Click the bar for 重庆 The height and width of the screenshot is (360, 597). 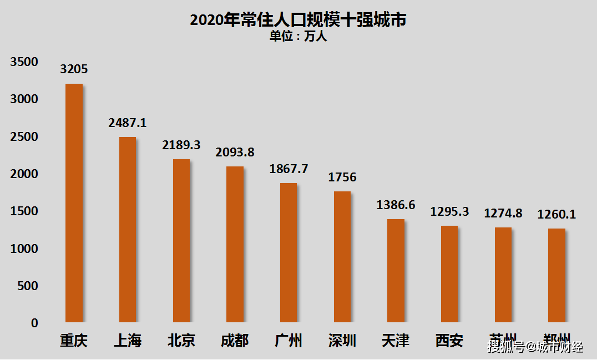coord(74,203)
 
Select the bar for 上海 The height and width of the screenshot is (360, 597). coord(128,230)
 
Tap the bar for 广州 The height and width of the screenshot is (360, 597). coord(289,253)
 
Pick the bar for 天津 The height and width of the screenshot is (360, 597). coord(396,271)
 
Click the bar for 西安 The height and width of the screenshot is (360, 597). coord(449,274)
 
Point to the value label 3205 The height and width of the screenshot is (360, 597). coord(74,69)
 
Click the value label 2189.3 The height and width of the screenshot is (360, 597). coord(181,145)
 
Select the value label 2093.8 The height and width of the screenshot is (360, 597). coord(235,152)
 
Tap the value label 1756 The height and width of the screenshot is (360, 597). coord(342,178)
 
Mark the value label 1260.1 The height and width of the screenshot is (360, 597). coord(556,214)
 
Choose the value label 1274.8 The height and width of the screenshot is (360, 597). coord(503,213)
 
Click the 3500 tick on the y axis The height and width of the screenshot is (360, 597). coord(24,62)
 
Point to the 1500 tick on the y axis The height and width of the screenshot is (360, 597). coord(24,211)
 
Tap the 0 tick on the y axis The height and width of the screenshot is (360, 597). coord(34,323)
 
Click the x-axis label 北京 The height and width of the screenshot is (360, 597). coord(181,340)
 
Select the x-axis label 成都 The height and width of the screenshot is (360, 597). coord(235,340)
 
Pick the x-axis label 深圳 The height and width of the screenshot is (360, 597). coord(342,340)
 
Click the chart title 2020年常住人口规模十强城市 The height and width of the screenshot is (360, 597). coord(298,20)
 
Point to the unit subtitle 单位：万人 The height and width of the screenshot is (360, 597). coord(298,37)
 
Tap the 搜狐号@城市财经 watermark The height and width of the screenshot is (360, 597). coord(535,347)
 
